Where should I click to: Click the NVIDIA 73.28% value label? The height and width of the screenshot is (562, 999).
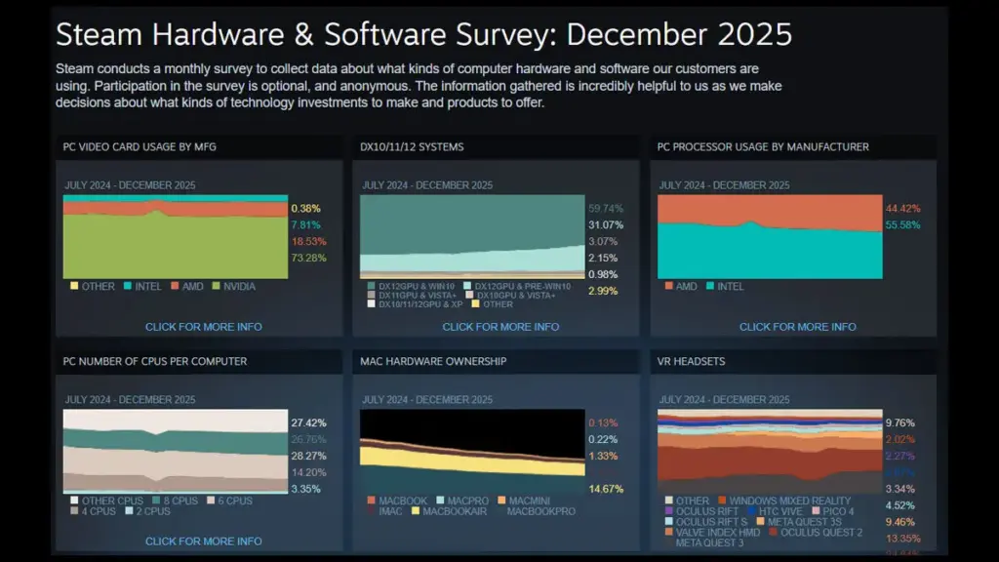click(308, 258)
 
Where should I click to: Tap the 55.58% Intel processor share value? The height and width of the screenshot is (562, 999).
click(902, 224)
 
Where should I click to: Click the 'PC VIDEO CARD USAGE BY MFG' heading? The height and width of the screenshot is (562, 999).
click(140, 147)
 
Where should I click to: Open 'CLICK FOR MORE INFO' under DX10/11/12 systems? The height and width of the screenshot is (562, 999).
click(500, 327)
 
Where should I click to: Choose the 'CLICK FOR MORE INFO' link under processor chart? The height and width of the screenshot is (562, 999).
click(797, 327)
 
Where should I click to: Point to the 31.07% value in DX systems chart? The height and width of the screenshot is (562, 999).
click(606, 224)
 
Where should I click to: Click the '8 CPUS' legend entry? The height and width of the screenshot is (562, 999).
click(181, 501)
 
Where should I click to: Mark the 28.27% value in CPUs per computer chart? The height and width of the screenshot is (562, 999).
click(308, 456)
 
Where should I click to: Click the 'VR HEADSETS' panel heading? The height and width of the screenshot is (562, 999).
click(693, 361)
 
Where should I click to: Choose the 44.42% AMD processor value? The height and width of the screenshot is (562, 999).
click(902, 208)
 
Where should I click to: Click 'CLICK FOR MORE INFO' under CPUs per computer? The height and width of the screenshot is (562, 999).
click(203, 541)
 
